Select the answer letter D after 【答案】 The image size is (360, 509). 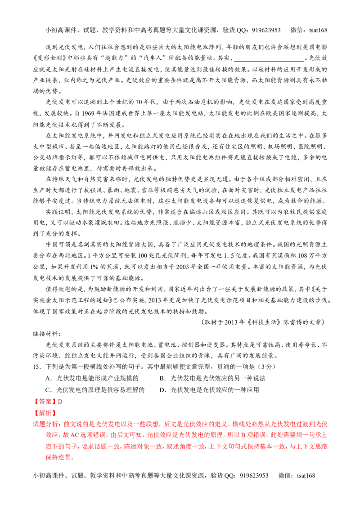[60, 402]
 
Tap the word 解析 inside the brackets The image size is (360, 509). [45, 413]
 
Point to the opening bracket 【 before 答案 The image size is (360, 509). [36, 402]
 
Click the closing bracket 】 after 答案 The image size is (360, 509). [55, 402]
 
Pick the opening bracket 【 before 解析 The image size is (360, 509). [35, 413]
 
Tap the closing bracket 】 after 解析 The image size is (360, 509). [54, 413]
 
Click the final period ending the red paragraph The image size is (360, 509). [73, 458]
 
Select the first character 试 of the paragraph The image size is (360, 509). [36, 424]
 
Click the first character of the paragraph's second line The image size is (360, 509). [47, 435]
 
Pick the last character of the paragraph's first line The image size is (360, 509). [324, 424]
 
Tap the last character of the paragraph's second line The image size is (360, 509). [324, 435]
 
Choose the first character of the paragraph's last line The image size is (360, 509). [47, 458]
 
